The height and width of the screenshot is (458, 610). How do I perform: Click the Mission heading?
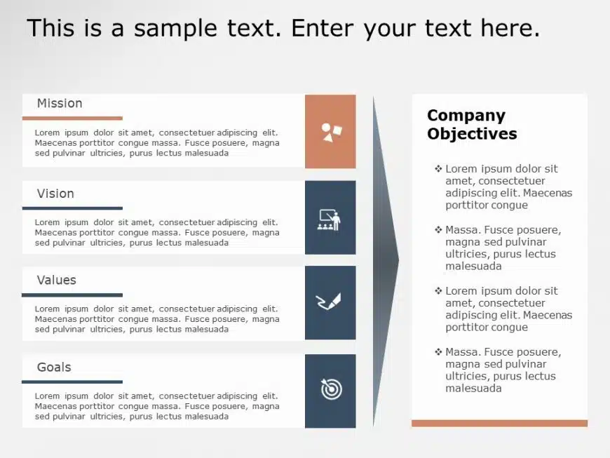[60, 103]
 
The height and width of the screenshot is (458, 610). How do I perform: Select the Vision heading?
[55, 194]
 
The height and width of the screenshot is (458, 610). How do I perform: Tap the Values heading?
[56, 280]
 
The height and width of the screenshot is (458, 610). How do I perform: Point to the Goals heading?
[54, 367]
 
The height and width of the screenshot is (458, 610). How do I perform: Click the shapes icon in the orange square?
[331, 132]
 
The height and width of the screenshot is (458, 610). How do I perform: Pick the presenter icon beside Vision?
[330, 220]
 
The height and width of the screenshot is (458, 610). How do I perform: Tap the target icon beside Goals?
[331, 389]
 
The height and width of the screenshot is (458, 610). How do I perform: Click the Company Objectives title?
[471, 125]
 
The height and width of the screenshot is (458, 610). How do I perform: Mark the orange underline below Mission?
[72, 118]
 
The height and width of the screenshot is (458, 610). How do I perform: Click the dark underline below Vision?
[72, 208]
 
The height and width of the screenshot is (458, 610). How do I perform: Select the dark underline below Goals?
[72, 382]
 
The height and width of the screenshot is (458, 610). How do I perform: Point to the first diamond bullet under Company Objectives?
[438, 168]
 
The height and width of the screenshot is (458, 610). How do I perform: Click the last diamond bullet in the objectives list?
[438, 352]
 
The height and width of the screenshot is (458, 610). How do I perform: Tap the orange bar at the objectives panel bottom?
[499, 423]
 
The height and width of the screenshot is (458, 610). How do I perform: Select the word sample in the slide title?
[175, 28]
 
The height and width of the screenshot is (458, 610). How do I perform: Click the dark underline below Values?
[72, 295]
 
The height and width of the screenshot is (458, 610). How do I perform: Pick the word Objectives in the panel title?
[472, 134]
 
